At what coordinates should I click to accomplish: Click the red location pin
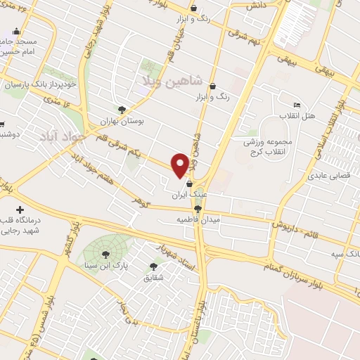click(179, 165)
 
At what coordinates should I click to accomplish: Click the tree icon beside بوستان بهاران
click(122, 110)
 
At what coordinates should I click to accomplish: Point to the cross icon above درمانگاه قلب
click(20, 210)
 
